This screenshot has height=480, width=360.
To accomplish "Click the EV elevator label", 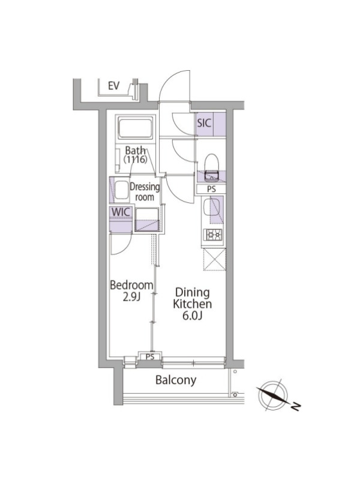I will pyautogui.click(x=113, y=86).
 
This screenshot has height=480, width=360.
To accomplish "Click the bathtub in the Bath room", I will pyautogui.click(x=136, y=128).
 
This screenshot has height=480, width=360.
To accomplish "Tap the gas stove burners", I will pyautogui.click(x=213, y=235).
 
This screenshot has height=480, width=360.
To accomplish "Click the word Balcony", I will pyautogui.click(x=176, y=380).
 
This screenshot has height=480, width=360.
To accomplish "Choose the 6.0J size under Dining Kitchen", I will pyautogui.click(x=191, y=316).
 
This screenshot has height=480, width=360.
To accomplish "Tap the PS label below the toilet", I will pyautogui.click(x=211, y=189).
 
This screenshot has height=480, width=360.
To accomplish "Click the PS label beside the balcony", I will pyautogui.click(x=150, y=357).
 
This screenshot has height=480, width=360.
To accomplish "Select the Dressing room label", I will pyautogui.click(x=145, y=191).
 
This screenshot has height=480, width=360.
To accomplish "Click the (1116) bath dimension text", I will pyautogui.click(x=136, y=160).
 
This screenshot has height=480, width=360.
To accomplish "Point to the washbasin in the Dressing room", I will pyautogui.click(x=122, y=190).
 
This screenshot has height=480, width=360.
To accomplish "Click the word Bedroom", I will pyautogui.click(x=131, y=286).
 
